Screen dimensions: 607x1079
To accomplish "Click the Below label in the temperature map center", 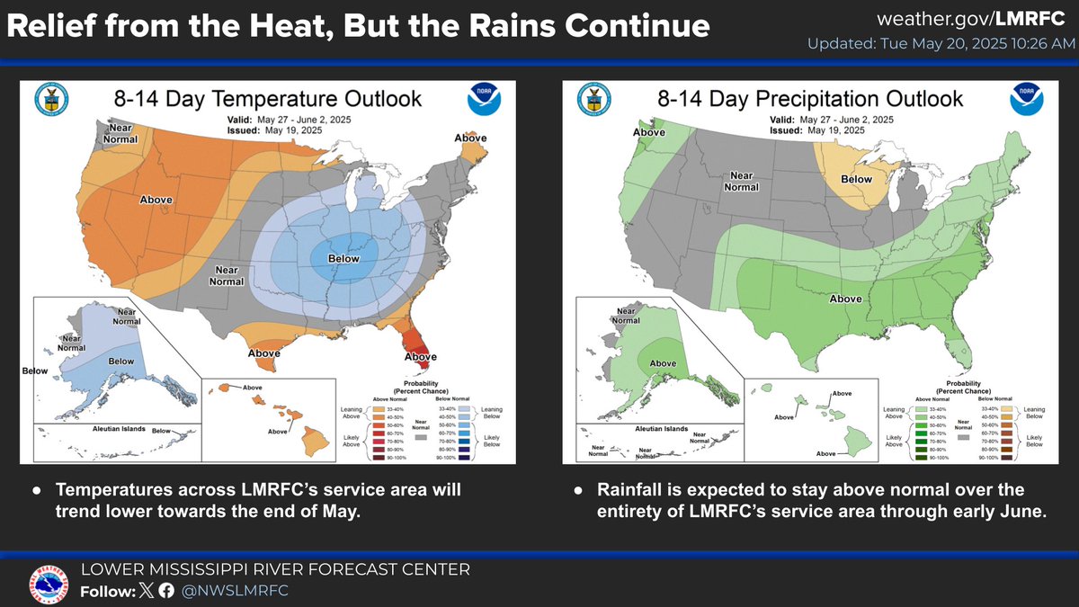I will pyautogui.click(x=343, y=259).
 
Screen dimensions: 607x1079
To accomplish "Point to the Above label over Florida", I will pyautogui.click(x=420, y=357).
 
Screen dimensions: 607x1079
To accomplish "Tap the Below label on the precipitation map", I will pyautogui.click(x=856, y=179).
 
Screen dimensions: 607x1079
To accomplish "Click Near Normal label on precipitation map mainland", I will pyautogui.click(x=742, y=182).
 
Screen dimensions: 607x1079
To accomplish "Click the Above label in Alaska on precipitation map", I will pyautogui.click(x=663, y=363).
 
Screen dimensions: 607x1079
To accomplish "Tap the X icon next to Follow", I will pyautogui.click(x=145, y=591).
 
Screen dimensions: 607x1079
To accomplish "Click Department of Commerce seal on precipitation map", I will pyautogui.click(x=592, y=99).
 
